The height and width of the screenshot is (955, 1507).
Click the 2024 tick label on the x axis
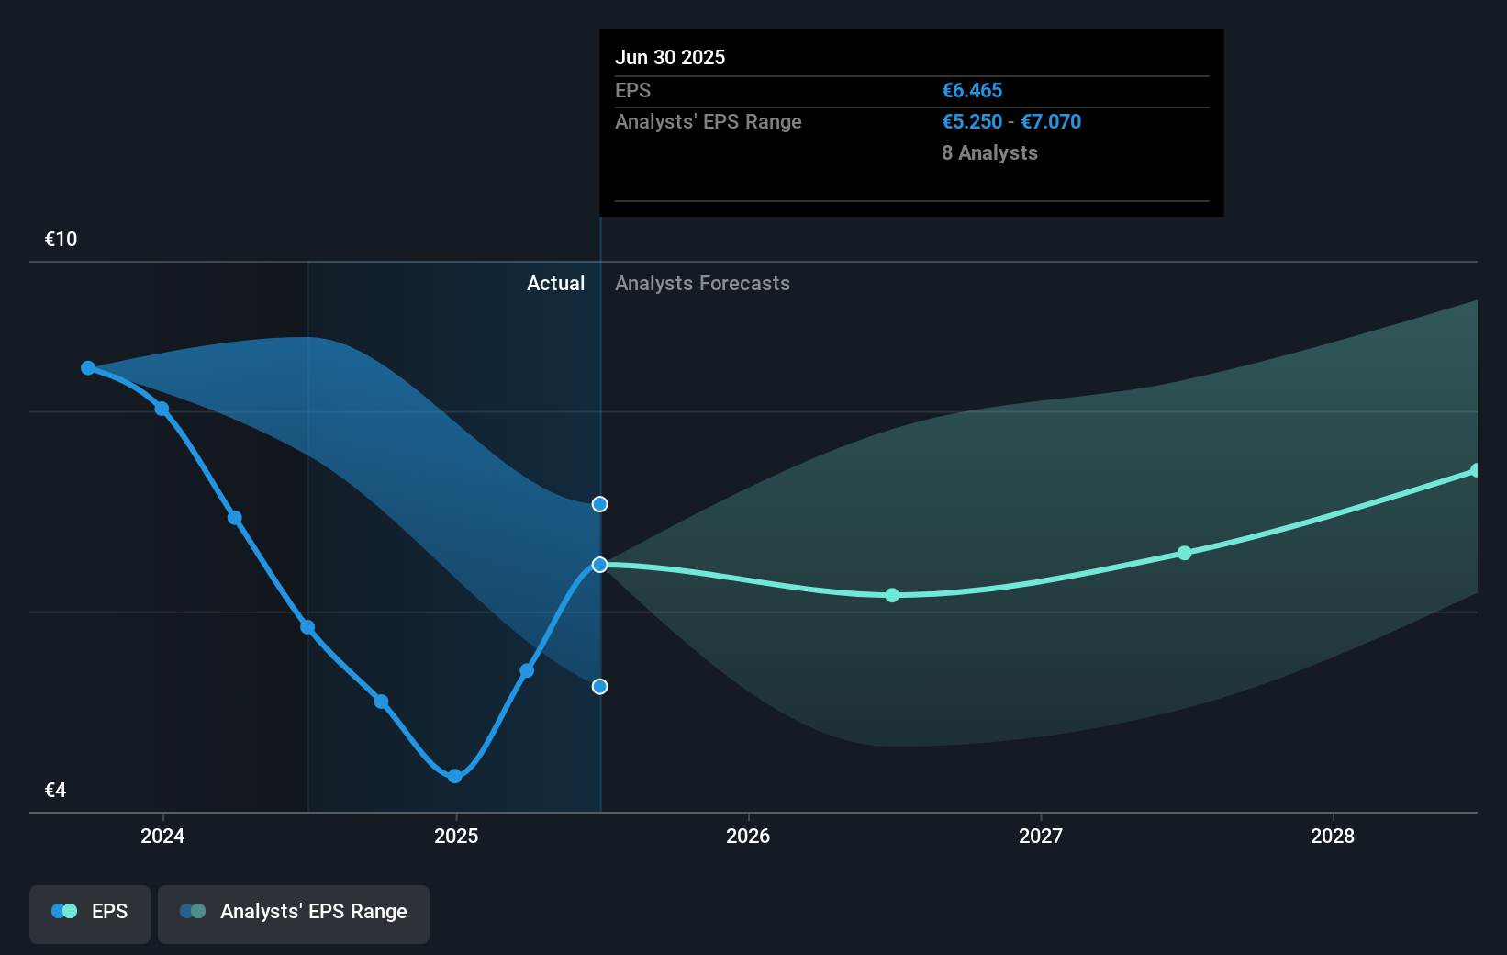point(162,836)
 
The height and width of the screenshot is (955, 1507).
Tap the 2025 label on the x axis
point(456,836)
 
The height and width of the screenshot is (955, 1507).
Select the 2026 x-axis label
point(748,836)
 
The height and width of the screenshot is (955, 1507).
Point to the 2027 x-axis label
point(1041,836)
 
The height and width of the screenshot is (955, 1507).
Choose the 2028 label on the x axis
point(1333,836)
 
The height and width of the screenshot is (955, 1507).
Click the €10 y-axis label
point(61,240)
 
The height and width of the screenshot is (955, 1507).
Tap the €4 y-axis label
point(55,790)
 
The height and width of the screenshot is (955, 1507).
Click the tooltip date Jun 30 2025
point(670,57)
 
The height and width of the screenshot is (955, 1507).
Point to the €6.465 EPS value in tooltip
point(972,90)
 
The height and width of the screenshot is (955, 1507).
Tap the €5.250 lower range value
point(972,122)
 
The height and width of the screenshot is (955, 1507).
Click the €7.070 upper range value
point(1051,122)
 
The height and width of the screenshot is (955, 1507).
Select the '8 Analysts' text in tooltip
point(989,153)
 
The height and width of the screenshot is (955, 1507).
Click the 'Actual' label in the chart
point(555,284)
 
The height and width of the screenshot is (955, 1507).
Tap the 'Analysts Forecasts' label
point(702,284)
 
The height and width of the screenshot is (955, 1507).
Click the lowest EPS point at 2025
point(455,776)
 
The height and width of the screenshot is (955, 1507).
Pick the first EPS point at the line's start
point(88,368)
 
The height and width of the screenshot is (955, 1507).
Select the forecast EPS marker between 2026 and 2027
point(892,595)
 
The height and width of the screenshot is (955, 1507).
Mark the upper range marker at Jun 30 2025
point(599,504)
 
